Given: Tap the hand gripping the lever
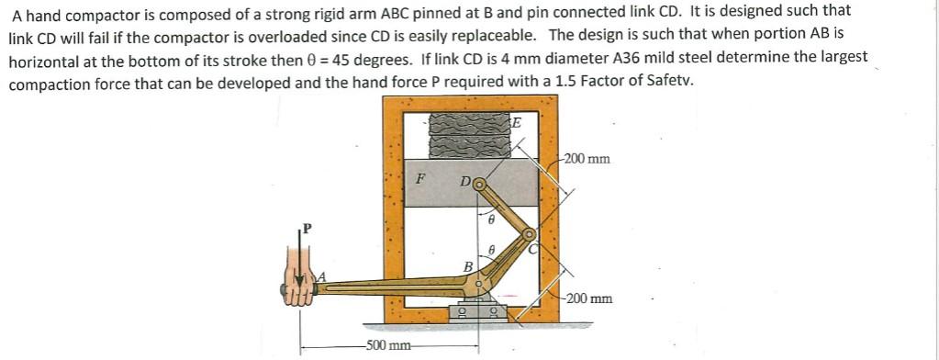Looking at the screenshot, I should pos(299,286).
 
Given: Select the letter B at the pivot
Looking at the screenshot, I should pos(467,266).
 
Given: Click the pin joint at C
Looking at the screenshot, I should pos(529,235).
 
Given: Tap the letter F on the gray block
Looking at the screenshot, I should pos(420,178).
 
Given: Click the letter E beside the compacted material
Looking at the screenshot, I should pos(516,123).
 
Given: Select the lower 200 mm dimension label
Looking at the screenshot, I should pos(589,298).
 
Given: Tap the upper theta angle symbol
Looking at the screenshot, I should pos(490,220).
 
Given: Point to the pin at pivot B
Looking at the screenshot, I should pos(479,284).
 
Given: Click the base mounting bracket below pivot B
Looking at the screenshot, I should pos(477,310).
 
